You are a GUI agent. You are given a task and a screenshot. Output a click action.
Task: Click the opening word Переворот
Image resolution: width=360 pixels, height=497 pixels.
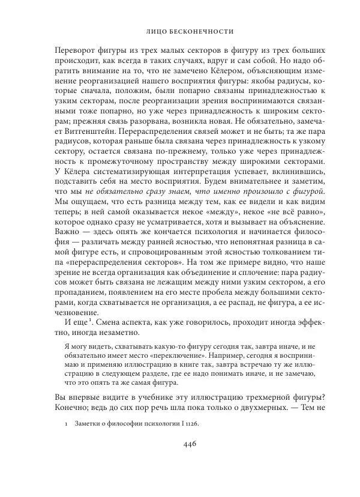pos(77,50)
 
